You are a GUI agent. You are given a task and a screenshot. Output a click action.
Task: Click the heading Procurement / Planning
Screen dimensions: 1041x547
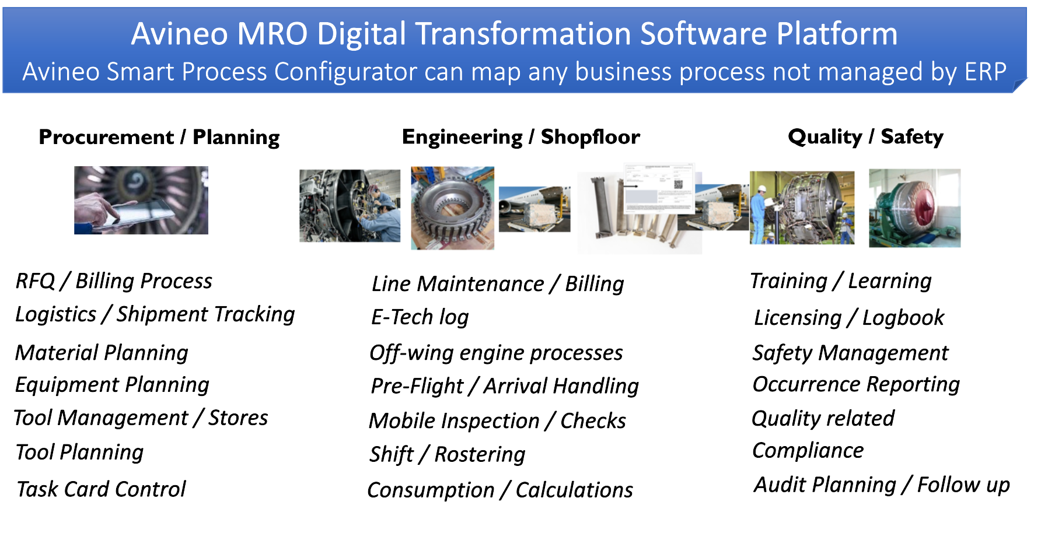pos(159,137)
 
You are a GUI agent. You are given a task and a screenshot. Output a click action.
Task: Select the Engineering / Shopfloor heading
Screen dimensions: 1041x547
pos(521,137)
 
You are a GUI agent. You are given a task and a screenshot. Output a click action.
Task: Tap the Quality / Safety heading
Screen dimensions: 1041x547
pos(865,137)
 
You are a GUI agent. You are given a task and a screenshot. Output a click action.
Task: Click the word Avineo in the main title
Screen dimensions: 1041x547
pos(180,33)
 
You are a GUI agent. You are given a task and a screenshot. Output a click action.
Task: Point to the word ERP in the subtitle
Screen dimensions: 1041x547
pos(986,72)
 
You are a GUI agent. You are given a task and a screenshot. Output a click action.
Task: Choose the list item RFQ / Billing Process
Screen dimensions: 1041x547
pos(114,281)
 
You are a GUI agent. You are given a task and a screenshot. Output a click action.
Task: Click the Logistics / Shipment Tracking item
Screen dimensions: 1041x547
pos(155,314)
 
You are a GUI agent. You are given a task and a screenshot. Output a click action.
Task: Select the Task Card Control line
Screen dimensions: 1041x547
pos(101,489)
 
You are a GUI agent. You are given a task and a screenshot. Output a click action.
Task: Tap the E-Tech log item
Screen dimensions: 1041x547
pos(420,317)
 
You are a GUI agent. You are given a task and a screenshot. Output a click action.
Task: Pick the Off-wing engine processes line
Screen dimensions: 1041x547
pos(496,353)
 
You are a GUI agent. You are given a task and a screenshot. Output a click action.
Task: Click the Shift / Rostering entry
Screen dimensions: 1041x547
pos(448,454)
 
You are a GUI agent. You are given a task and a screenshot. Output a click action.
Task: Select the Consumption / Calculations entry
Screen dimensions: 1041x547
pos(500,490)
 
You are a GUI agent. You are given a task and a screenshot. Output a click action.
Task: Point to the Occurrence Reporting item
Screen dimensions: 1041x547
pos(856,384)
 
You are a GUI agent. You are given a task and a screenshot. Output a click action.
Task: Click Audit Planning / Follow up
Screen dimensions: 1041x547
pos(882,485)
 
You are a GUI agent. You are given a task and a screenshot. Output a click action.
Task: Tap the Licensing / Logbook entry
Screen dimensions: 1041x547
pos(849,318)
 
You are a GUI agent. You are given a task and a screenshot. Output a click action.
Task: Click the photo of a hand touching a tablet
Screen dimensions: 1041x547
pos(141,200)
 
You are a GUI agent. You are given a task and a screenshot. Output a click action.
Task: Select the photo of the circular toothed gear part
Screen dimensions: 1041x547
pos(453,208)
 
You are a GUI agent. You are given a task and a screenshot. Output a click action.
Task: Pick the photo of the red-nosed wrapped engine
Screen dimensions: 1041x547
pos(914,208)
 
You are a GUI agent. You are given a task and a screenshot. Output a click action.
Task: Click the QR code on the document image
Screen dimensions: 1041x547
pos(678,184)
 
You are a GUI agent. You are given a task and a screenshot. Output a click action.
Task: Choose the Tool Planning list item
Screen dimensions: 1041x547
pos(80,453)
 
